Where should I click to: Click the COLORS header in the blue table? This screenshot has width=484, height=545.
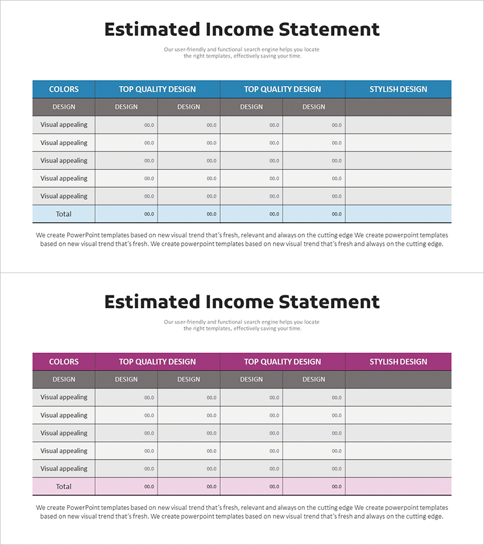[x=64, y=89]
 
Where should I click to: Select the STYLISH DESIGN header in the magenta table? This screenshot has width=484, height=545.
[x=398, y=362]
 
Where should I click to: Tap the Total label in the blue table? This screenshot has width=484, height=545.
[x=64, y=214]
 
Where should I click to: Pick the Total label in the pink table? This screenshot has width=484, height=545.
[x=64, y=486]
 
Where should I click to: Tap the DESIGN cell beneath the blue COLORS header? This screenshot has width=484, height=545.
[x=64, y=107]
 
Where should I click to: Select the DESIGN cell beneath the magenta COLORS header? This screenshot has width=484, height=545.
[x=64, y=380]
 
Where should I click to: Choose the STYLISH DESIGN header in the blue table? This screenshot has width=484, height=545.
[x=398, y=89]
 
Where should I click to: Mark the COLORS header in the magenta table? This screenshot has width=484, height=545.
[x=64, y=362]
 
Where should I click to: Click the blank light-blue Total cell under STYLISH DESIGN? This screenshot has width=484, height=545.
[x=398, y=214]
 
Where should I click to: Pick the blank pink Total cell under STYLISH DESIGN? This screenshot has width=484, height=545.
[x=398, y=486]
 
